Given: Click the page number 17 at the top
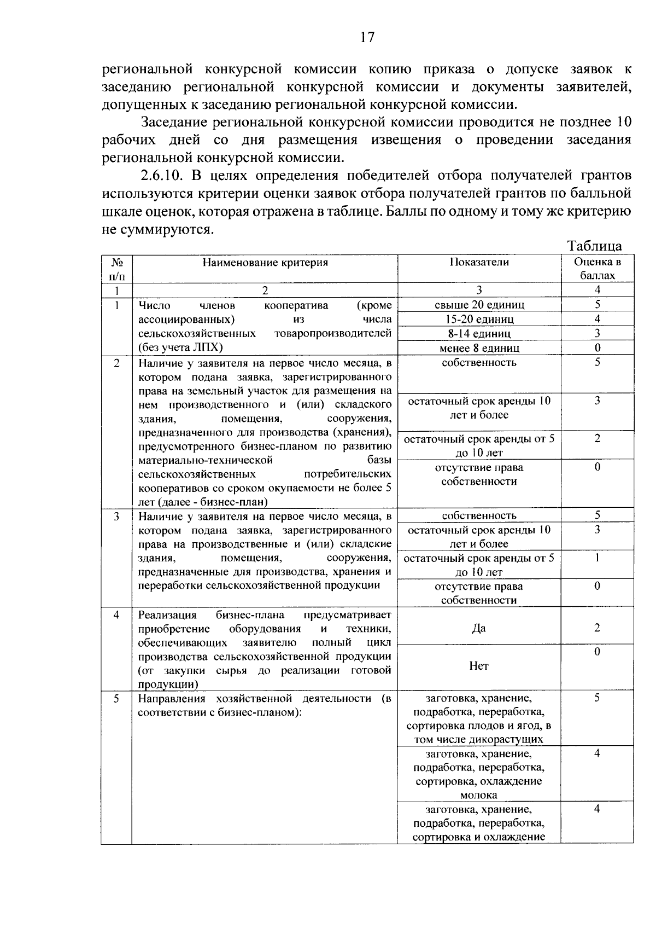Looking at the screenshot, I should tap(367, 37).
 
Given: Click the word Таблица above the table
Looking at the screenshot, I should tap(594, 246).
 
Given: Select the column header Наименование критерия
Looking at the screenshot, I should tap(265, 262).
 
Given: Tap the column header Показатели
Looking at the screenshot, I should tap(479, 262).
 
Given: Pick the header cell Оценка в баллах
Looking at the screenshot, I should tap(597, 268).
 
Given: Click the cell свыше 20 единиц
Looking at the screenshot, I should tap(479, 305).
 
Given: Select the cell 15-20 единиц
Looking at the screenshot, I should tap(479, 319).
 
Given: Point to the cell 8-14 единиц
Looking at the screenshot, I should tap(479, 333).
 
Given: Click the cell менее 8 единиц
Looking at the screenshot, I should tap(479, 348).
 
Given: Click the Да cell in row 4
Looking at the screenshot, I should tap(479, 628).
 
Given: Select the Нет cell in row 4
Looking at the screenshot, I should tap(479, 666).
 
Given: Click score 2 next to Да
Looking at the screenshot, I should tap(597, 628).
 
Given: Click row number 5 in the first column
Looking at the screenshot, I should tap(116, 698).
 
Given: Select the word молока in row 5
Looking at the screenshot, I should tap(479, 795).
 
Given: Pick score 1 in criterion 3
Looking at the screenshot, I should tap(597, 558).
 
